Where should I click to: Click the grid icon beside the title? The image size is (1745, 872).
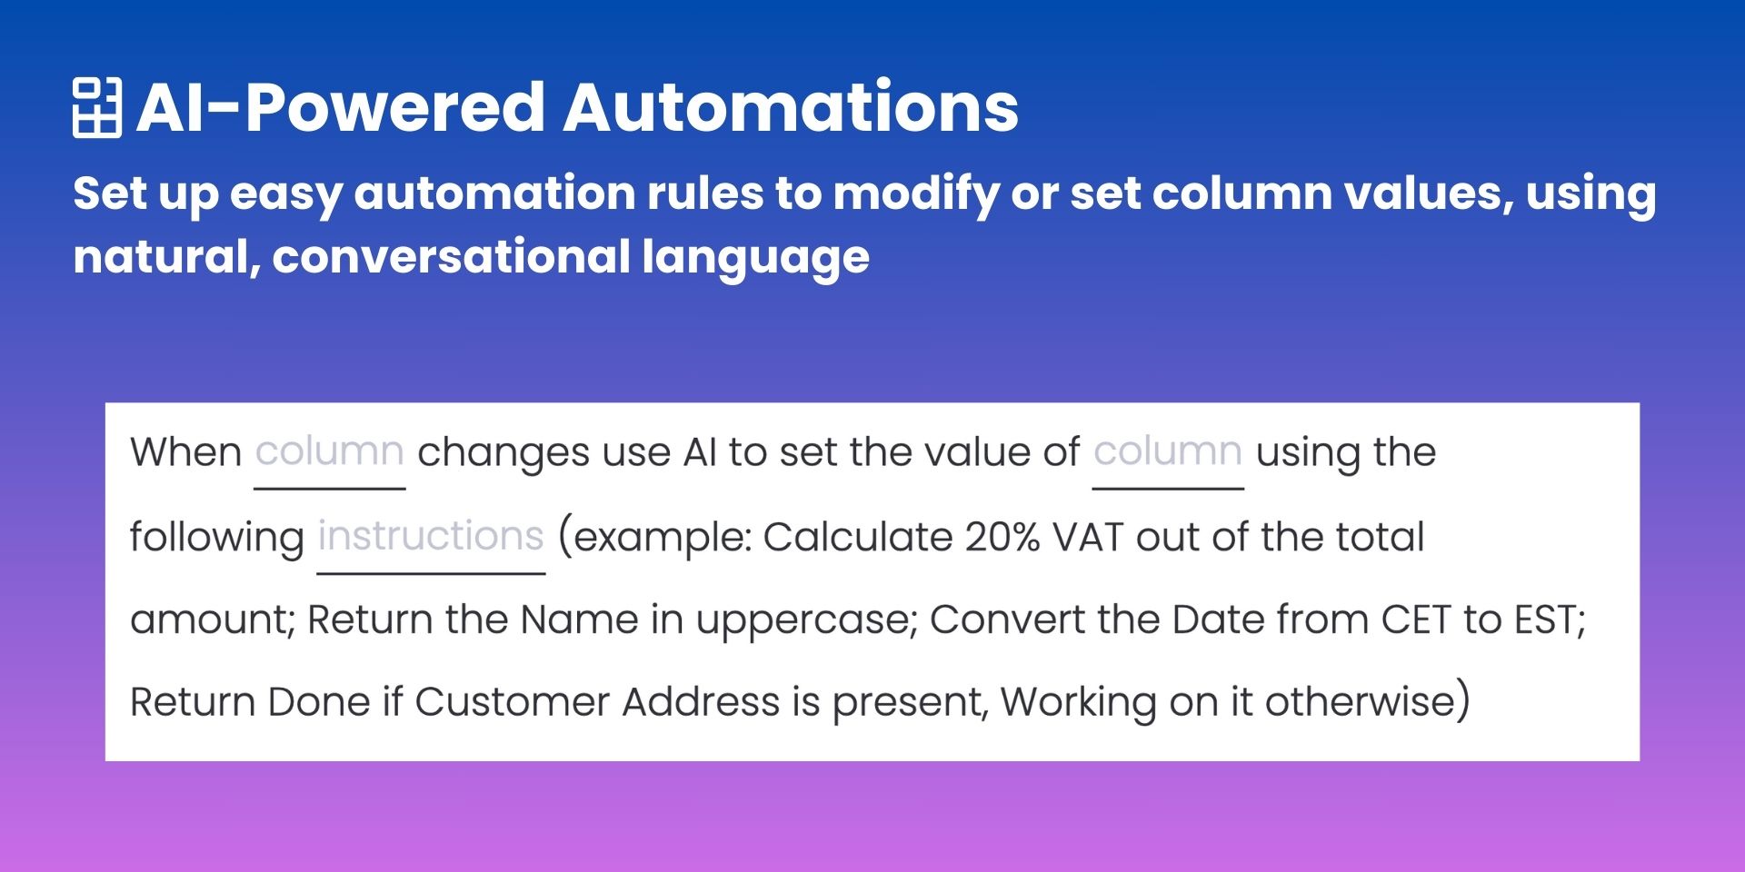click(96, 107)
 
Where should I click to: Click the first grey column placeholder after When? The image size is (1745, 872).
click(329, 451)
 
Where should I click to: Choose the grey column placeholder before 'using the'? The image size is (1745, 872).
click(1167, 451)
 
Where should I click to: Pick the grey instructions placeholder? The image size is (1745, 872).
click(431, 536)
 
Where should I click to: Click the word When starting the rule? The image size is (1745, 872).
click(185, 452)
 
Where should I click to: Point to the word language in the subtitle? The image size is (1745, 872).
click(755, 258)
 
